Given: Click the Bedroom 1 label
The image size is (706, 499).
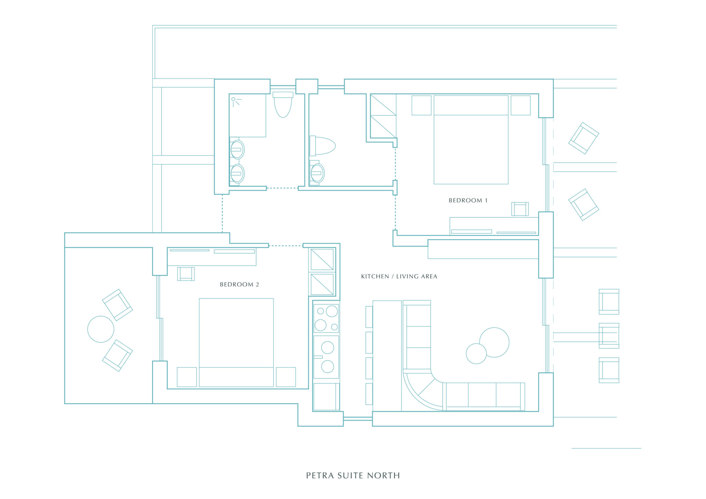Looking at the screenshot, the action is [x=468, y=201].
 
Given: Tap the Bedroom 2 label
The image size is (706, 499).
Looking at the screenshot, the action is [x=239, y=285].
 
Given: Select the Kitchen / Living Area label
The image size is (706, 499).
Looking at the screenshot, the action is [x=399, y=276].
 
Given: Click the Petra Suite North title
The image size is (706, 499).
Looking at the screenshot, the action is [x=353, y=476].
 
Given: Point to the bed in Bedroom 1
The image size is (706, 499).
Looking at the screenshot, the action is [x=471, y=140].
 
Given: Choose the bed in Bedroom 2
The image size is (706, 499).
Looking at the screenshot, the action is [x=236, y=343].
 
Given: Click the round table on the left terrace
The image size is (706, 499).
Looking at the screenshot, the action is [x=101, y=329].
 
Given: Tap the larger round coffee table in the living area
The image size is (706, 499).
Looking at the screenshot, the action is [x=494, y=342].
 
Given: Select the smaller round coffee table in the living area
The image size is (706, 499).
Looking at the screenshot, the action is [x=476, y=354].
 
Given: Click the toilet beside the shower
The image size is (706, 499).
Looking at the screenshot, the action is [x=283, y=104].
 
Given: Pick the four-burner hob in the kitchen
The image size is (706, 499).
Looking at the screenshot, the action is [x=326, y=318].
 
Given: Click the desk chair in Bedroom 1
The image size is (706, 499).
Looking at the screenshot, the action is [x=520, y=209].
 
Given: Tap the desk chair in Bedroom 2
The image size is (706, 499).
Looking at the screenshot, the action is [x=186, y=274].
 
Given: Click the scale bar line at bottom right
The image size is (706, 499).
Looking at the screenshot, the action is [x=606, y=448].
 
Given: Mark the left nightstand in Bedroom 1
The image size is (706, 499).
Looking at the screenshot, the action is [x=421, y=105].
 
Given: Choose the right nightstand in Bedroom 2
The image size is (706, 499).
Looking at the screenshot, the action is [x=286, y=377].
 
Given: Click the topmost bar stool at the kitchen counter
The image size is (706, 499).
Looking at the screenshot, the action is [x=369, y=317].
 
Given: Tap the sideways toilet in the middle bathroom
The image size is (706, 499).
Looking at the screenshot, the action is [x=323, y=146].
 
